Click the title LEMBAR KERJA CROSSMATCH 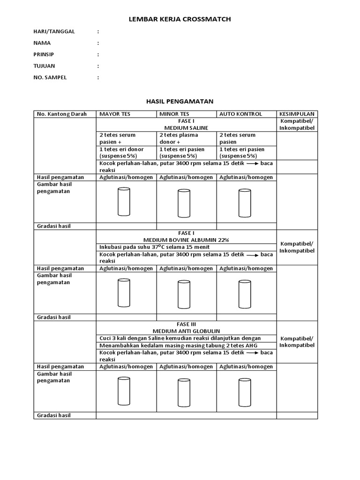coord(180,19)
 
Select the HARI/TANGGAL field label coord(54,31)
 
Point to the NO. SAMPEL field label coord(50,77)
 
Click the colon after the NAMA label coord(98,43)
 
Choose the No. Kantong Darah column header coord(62,114)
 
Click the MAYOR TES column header coord(115,114)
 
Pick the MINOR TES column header coord(174,114)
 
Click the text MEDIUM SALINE coord(186,127)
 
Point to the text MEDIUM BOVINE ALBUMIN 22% coord(186,240)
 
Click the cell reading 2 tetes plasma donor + coord(179,138)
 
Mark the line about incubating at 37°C coord(155,247)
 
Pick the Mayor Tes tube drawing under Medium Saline coord(124,202)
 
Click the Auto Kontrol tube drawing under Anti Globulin coord(245,392)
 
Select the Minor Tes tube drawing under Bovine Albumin coord(184,294)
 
